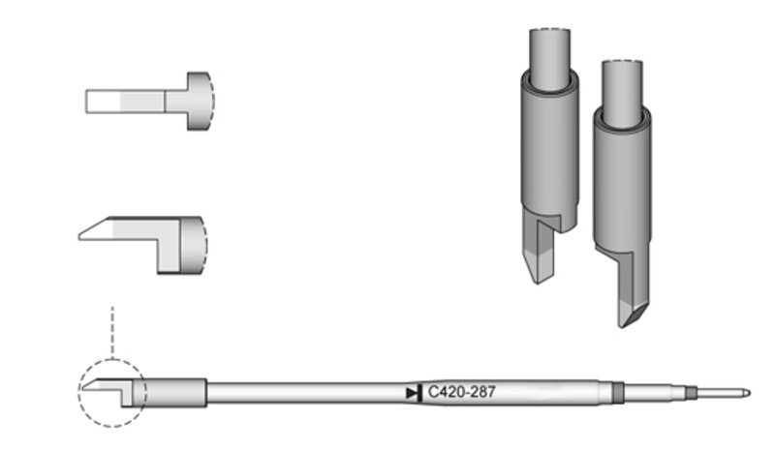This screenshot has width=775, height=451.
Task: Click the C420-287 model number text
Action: pos(461,392)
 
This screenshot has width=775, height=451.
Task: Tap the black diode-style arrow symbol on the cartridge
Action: pos(414,393)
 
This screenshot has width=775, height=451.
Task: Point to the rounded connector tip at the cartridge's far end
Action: pos(747,393)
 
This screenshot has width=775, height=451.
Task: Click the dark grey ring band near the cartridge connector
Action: pos(617,393)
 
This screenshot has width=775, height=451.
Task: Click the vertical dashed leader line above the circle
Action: pos(112,332)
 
